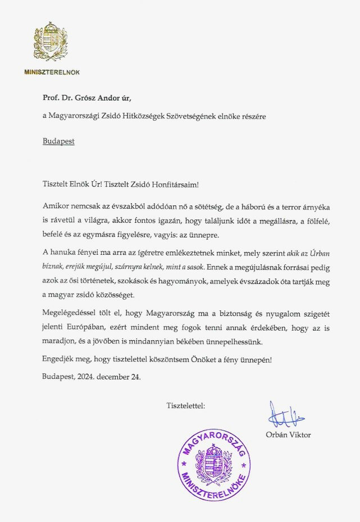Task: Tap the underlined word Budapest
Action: (58, 141)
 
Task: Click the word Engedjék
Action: (59, 359)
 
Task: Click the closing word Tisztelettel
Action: (185, 405)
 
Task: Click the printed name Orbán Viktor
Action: (288, 434)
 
